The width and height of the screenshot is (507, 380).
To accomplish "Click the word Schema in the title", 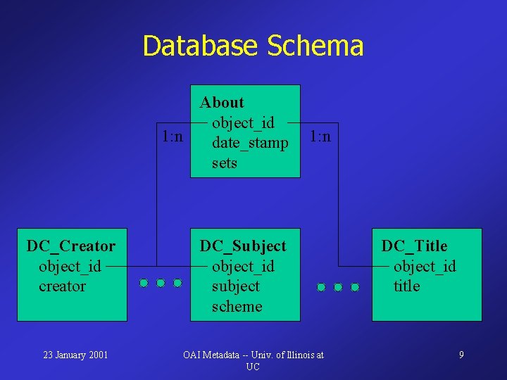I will pyautogui.click(x=315, y=46).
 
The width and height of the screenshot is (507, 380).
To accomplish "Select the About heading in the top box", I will pyautogui.click(x=222, y=103).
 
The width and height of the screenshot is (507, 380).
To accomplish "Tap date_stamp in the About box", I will pyautogui.click(x=250, y=143).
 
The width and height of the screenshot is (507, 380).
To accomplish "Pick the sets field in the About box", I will pyautogui.click(x=225, y=163).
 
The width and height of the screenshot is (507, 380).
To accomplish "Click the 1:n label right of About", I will pyautogui.click(x=320, y=136).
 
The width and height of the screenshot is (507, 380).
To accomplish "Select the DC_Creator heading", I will pyautogui.click(x=71, y=246).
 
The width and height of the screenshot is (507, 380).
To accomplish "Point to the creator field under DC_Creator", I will pyautogui.click(x=62, y=286).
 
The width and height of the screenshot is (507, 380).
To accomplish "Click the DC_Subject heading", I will pyautogui.click(x=243, y=246).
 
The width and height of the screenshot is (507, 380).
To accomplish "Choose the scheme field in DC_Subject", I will pyautogui.click(x=237, y=307).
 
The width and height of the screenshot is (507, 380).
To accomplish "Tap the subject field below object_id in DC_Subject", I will pyautogui.click(x=235, y=286).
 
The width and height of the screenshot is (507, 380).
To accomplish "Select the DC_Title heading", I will pyautogui.click(x=414, y=246).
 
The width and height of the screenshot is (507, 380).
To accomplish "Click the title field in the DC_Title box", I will pyautogui.click(x=406, y=286).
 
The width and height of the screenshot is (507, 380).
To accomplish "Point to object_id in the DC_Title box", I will pyautogui.click(x=425, y=267).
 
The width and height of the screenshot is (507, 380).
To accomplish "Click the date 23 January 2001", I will pyautogui.click(x=75, y=355).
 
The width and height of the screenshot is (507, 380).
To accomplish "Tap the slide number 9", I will pyautogui.click(x=461, y=355).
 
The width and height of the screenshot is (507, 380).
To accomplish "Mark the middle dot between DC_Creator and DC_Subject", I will pyautogui.click(x=161, y=283).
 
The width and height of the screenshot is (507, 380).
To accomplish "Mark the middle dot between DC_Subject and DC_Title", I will pyautogui.click(x=338, y=287).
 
